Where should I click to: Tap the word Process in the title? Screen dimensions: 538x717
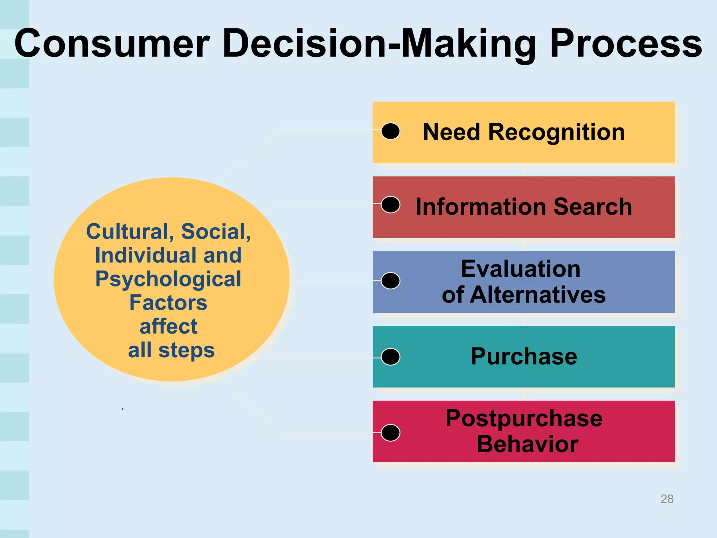pos(626,44)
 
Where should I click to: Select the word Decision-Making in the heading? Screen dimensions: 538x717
pos(380,44)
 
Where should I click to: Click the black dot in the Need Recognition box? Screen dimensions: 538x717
pos(390,131)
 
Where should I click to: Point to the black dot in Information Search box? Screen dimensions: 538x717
pos(390,205)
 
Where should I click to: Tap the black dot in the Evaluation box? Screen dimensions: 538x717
pos(390,281)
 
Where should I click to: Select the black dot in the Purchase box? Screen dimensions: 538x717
pos(390,357)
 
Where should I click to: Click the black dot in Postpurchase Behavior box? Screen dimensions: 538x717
pos(390,433)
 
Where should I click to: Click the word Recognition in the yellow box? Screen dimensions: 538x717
pos(556,132)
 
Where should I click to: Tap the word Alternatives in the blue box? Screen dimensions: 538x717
pos(537,295)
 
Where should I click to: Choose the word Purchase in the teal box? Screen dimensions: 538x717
pos(524,356)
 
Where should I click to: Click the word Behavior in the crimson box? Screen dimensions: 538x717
pos(527,444)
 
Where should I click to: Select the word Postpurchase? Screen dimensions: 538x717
pos(524,418)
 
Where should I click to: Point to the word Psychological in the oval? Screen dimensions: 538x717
pos(168,279)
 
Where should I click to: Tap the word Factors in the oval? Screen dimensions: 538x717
pos(168,303)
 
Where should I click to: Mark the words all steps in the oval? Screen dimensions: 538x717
pos(171,350)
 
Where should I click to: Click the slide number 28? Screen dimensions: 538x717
pos(667,499)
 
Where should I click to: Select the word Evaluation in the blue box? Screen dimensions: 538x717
pos(521,269)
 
